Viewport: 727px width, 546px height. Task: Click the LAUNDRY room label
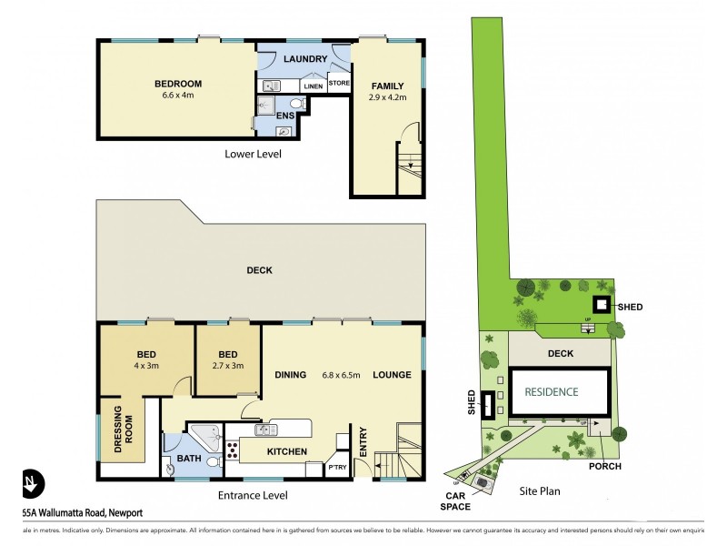304,59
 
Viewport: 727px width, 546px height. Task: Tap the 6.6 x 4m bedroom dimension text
178,96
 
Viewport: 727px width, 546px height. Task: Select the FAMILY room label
386,86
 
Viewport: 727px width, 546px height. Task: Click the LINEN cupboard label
314,86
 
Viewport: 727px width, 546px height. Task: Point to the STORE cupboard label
339,84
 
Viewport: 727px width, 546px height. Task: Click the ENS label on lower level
285,116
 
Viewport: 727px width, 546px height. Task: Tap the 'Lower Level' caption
253,154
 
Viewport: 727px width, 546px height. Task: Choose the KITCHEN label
286,451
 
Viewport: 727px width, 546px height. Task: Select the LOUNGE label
392,375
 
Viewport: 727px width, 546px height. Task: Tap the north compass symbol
31,481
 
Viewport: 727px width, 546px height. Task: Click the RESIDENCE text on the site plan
551,392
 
